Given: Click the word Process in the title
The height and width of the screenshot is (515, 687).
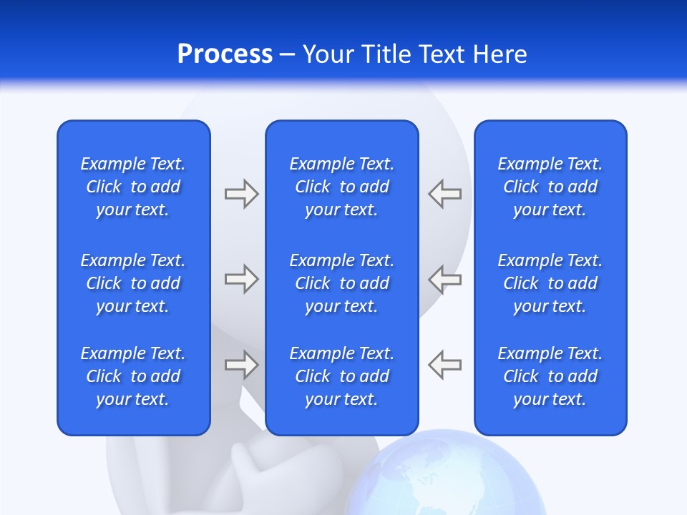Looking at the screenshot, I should tap(225, 54).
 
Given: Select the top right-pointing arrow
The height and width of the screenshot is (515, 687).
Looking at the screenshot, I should tap(241, 194).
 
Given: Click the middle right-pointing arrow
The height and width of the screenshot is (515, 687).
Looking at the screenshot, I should tap(241, 278).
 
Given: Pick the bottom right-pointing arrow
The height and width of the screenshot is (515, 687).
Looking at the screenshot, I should tap(241, 365).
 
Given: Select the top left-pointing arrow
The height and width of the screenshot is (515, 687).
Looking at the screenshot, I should tap(445, 194).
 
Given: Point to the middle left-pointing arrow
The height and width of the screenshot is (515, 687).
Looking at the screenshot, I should tap(445, 278).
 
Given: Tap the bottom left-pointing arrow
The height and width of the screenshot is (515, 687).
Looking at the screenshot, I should tap(445, 365).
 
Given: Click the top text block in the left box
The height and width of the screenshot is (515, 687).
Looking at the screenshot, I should tap(133, 187).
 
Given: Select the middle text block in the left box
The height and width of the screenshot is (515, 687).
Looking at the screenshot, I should tap(133, 283).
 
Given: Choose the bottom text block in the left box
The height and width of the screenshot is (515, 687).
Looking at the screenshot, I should tap(133, 376).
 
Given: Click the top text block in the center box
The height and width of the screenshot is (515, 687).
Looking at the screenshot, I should tap(341, 187).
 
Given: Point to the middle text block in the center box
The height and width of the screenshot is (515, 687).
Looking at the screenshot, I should tap(341, 283).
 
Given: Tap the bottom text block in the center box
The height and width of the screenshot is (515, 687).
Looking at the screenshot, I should tap(341, 376).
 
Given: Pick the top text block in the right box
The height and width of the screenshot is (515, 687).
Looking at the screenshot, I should tap(550, 187).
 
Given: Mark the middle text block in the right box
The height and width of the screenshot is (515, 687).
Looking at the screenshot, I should tap(550, 283).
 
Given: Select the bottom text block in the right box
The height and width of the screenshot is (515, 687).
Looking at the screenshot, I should tap(550, 376).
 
